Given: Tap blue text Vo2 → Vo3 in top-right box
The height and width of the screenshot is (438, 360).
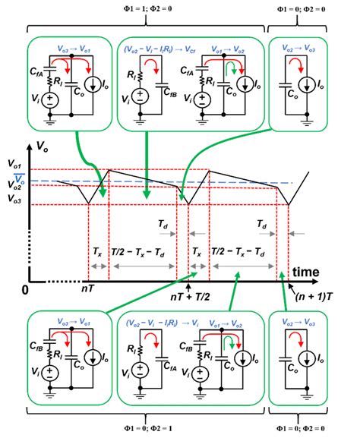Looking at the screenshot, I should [x=302, y=46].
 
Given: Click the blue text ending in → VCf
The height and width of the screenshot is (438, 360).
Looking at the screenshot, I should [x=156, y=46].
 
